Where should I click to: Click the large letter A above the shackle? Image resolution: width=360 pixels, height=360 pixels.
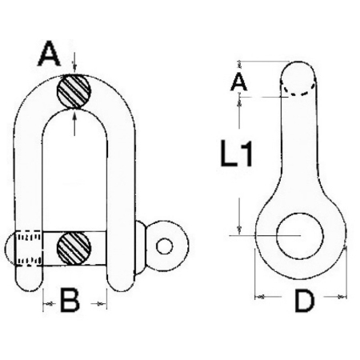49,54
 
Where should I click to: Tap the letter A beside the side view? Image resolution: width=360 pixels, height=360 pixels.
238,82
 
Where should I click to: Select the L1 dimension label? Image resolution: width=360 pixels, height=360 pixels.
236,154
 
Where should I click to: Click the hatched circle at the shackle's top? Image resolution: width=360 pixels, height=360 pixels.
74,91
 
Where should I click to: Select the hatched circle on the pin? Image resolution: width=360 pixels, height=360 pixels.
74,248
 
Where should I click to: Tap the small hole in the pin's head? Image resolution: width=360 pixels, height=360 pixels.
164,246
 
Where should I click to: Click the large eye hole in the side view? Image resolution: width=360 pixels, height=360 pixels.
300,236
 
